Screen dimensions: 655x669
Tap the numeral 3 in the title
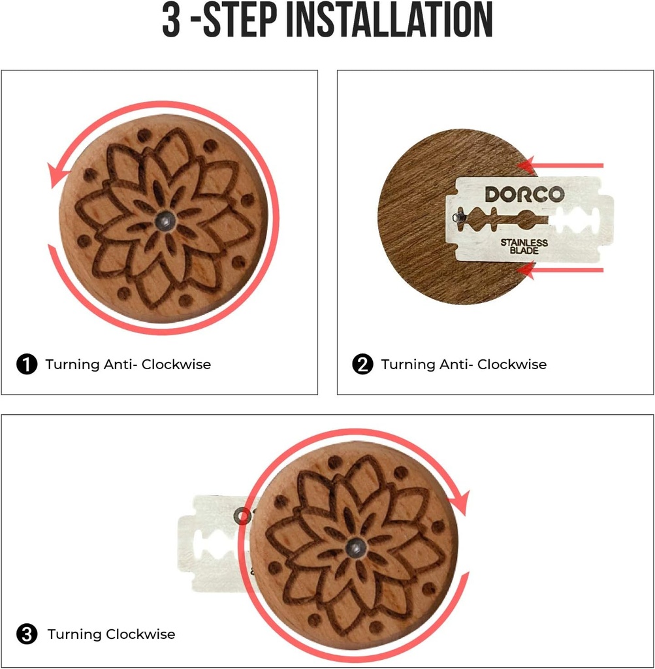171,20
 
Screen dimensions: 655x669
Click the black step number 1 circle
26,365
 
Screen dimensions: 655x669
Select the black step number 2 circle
362,365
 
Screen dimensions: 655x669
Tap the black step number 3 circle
26,634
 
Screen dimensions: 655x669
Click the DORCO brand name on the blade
524,195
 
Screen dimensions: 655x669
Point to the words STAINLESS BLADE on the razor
524,246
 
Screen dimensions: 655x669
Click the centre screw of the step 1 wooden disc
165,221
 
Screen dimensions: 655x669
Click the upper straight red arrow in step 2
560,165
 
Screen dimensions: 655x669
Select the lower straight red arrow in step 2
560,270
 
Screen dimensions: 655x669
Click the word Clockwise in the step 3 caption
140,634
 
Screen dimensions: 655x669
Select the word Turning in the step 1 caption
72,365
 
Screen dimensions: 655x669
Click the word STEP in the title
239,20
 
